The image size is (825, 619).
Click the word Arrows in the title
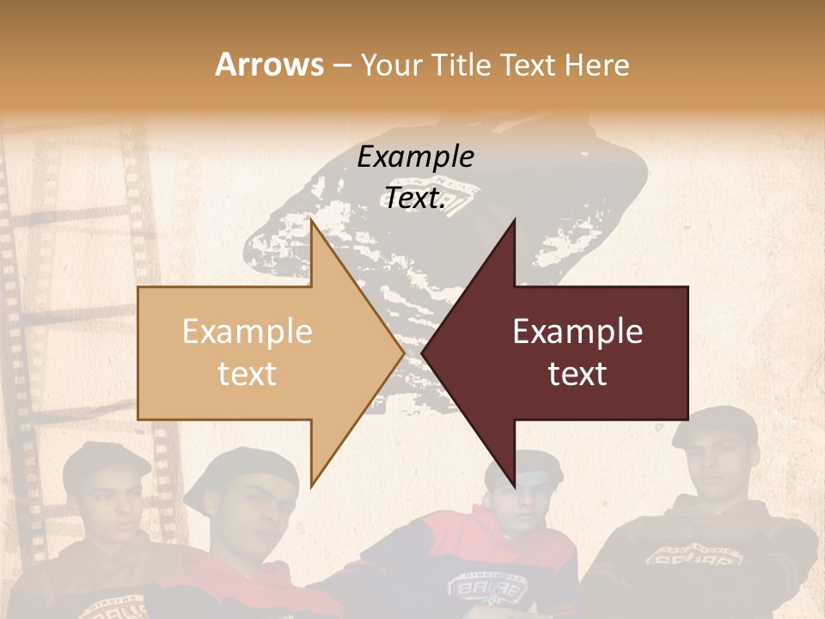[269, 64]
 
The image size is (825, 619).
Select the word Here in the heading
[596, 65]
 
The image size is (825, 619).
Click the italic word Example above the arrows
[415, 156]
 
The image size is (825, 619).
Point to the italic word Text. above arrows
[415, 199]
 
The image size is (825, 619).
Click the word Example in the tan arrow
[247, 331]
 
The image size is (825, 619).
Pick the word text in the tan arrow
[247, 373]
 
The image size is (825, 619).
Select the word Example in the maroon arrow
[577, 331]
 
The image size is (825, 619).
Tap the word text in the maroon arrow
[577, 373]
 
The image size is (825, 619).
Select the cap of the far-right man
[713, 424]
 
